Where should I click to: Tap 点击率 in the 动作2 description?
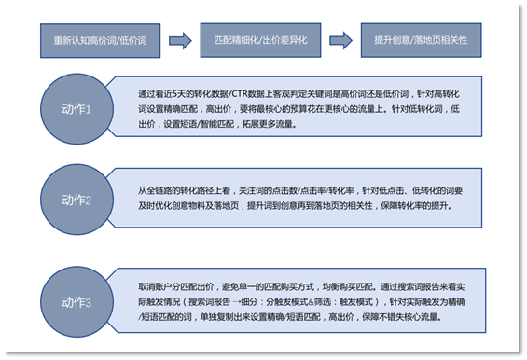[x=327, y=187]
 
